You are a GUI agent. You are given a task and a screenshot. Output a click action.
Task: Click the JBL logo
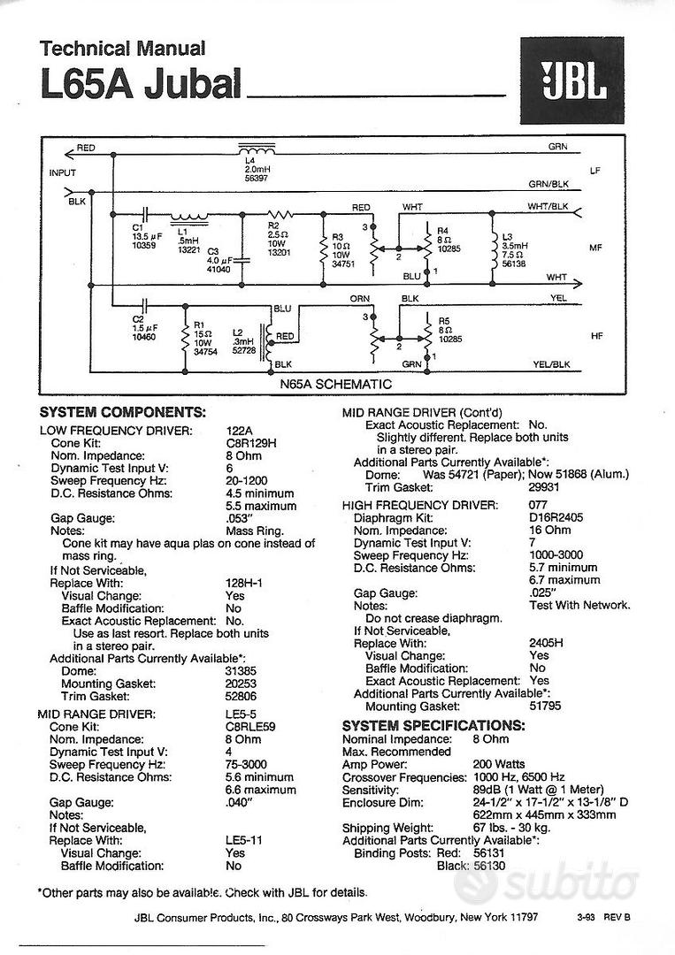576,84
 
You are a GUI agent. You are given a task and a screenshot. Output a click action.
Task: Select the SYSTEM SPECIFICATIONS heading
433,725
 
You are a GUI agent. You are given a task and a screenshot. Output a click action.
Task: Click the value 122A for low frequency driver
241,431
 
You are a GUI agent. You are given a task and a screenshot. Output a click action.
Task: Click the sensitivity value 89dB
491,790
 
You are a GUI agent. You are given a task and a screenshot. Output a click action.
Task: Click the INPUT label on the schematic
63,173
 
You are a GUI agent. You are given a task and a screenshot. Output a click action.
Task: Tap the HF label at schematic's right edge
594,337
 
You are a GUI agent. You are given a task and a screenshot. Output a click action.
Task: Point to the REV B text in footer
617,918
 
